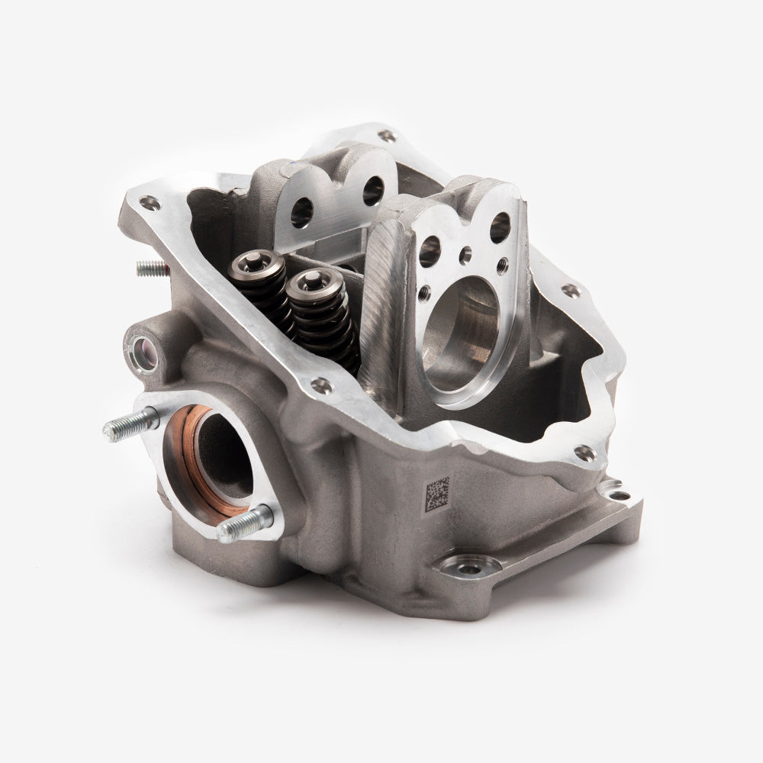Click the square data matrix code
(x=436, y=493)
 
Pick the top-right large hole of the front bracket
(x=500, y=223)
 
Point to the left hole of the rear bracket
(x=301, y=213)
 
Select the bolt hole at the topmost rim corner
(x=388, y=136)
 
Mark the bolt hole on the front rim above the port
(x=322, y=385)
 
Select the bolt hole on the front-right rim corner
(x=584, y=452)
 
